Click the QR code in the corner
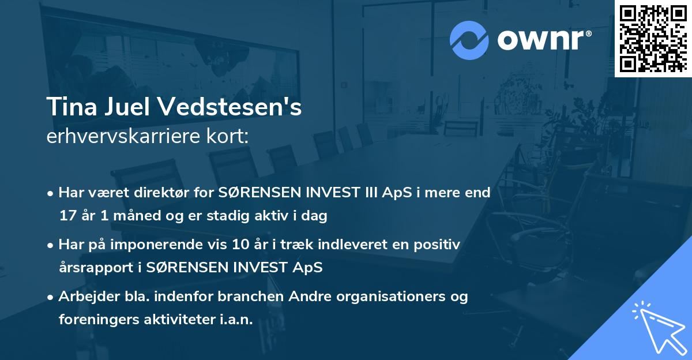(652, 38)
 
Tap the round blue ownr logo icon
(468, 40)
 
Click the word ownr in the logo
(542, 40)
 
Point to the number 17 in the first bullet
(67, 216)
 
